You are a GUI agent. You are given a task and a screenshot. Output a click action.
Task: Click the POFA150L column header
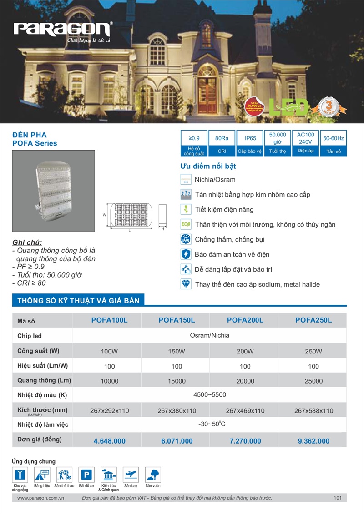coord(177,320)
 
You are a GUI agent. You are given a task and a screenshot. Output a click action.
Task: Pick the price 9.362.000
coord(313,441)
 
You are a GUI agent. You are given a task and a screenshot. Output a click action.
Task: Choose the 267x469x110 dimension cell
coord(245,410)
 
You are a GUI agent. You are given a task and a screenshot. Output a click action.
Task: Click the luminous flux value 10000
coord(109,381)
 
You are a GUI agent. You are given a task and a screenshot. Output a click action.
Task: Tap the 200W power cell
coord(245,351)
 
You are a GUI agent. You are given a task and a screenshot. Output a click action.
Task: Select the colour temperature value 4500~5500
coord(210,394)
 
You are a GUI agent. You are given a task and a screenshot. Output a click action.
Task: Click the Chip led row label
coord(30,336)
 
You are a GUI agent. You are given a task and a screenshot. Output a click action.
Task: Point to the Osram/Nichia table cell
coord(210,335)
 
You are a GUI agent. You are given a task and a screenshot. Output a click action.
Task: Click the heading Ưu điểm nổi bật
coord(208,166)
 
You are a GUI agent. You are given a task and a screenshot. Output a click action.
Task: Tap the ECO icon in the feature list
coord(186,224)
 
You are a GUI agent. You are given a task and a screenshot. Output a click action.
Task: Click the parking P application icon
coord(86,475)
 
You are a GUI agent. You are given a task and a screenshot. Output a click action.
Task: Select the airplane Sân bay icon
coord(131,475)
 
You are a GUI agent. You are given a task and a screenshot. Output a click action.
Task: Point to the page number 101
coord(337,498)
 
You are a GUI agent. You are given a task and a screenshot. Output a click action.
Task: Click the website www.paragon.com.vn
coord(40,498)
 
